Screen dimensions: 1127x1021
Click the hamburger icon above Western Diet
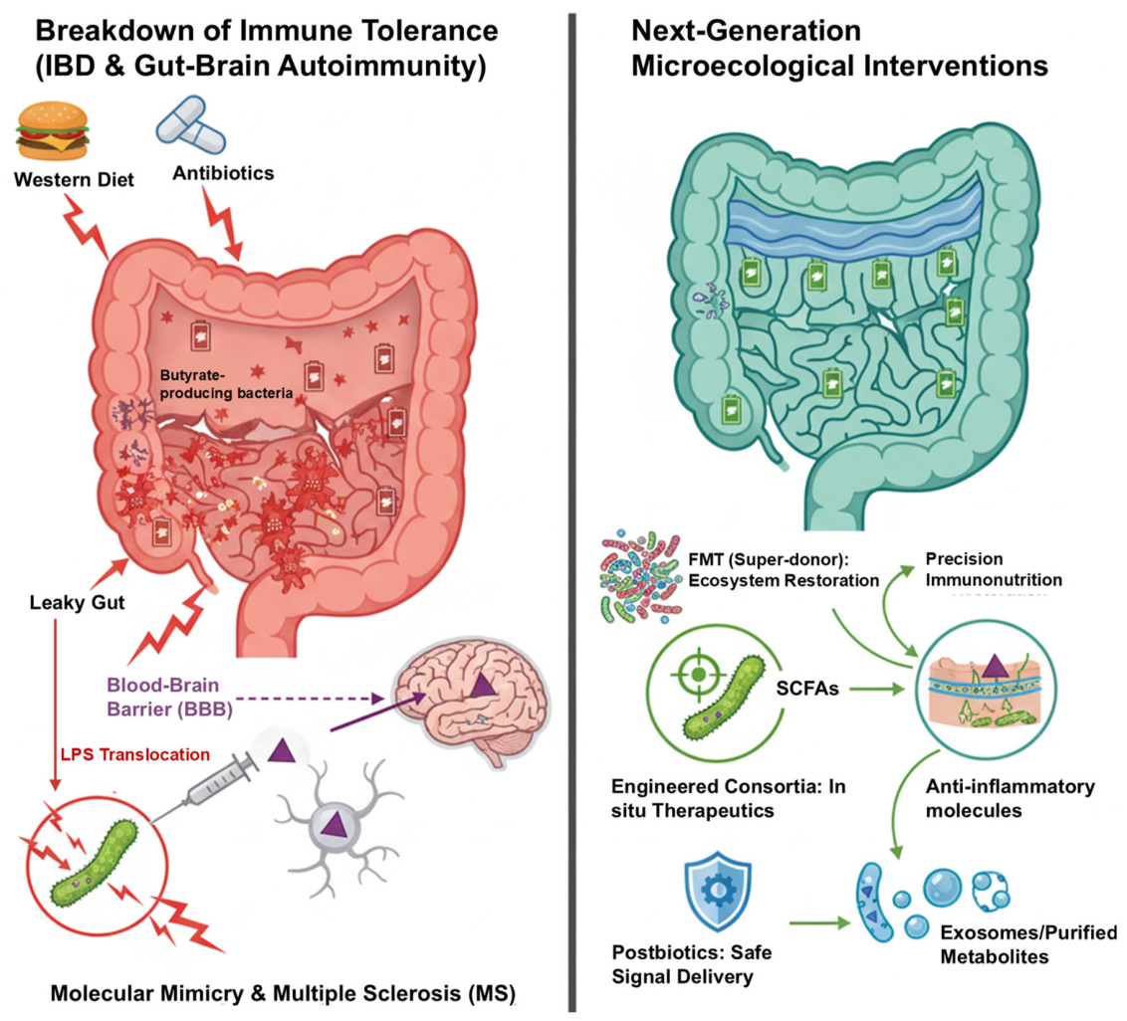click(53, 130)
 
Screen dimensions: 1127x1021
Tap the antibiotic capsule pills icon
click(191, 126)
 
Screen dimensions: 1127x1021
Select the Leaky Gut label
click(77, 602)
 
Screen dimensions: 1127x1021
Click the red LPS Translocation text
click(135, 754)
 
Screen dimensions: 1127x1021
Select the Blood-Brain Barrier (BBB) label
click(170, 697)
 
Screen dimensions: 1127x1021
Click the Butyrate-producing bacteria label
click(226, 384)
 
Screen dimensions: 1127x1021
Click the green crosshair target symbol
click(697, 675)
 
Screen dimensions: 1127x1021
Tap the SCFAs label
click(807, 689)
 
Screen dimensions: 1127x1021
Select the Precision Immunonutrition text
click(994, 569)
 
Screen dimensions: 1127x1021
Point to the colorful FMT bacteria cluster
click(640, 577)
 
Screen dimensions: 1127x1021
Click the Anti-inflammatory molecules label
click(1010, 798)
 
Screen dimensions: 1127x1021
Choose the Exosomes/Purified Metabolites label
click(1028, 944)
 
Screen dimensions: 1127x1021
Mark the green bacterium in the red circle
click(95, 863)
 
